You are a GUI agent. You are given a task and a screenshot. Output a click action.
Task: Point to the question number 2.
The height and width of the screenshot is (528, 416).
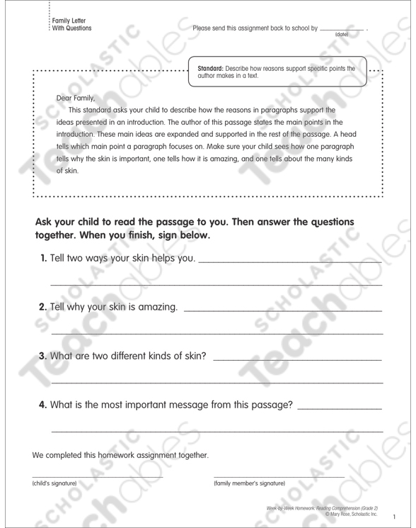tap(41, 307)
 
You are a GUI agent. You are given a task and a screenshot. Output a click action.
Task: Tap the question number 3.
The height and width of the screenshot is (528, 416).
tap(42, 355)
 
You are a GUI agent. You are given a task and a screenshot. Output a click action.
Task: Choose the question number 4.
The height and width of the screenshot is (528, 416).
tap(42, 404)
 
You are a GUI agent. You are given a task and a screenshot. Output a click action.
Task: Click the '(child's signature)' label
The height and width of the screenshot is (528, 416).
tap(54, 483)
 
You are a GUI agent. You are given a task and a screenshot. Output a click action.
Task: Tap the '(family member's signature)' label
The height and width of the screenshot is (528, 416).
tap(249, 483)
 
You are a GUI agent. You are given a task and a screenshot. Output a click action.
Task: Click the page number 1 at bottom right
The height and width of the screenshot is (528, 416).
tap(396, 517)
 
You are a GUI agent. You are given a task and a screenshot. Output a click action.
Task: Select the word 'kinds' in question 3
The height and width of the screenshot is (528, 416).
tap(166, 355)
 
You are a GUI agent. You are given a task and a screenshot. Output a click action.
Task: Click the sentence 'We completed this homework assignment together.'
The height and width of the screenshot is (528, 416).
tap(120, 454)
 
